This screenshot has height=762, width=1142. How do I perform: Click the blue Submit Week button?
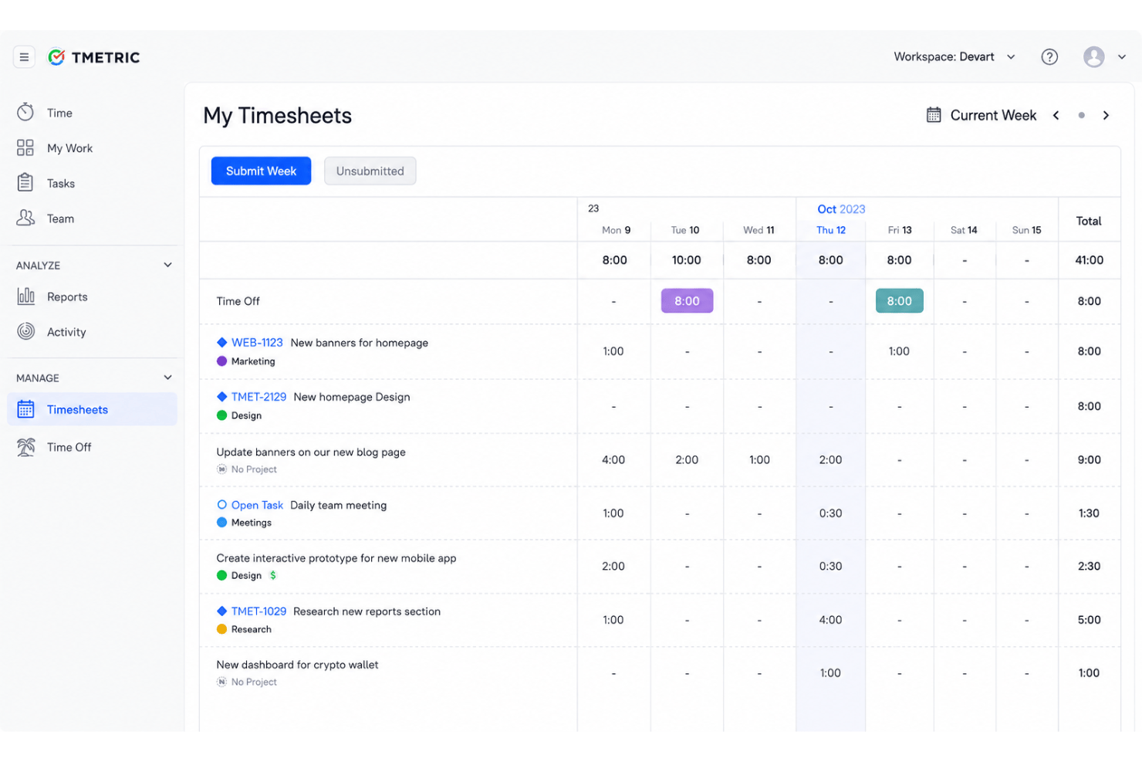coord(261,171)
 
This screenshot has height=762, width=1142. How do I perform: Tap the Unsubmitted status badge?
coord(370,171)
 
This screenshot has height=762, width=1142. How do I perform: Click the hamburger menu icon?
coord(24,57)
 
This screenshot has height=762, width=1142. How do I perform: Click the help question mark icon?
coord(1049,56)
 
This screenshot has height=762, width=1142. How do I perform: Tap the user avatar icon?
coord(1093,56)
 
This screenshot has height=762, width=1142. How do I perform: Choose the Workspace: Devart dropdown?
coord(954,56)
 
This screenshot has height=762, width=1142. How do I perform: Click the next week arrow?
coord(1106,115)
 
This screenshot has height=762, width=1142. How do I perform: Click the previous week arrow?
coord(1056,115)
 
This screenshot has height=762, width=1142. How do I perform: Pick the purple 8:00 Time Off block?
coord(687,301)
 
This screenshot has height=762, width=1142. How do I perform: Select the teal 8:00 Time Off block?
coord(900,301)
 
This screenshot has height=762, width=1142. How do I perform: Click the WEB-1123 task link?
coord(257,343)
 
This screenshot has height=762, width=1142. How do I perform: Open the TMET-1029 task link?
coord(258,611)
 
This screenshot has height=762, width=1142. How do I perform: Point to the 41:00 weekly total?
coord(1089,260)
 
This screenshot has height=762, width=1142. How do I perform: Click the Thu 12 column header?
coord(830,230)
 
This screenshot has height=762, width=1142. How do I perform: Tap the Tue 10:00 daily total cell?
coord(686,260)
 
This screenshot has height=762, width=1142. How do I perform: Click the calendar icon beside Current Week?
coord(934,115)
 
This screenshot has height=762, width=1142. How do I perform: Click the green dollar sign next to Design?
coord(273,575)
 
